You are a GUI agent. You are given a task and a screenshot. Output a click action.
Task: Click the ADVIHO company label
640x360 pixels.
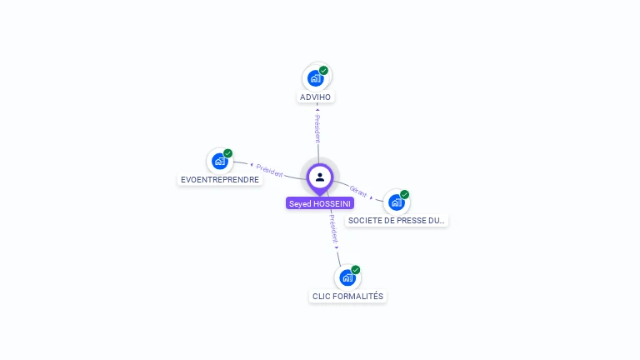(316, 97)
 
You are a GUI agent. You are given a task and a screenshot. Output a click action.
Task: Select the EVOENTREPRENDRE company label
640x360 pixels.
(220, 179)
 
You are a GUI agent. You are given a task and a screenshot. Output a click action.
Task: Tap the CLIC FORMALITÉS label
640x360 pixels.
(347, 296)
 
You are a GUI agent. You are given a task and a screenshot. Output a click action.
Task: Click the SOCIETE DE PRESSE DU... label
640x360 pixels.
(397, 221)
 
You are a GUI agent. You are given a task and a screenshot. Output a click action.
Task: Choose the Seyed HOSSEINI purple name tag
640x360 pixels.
(320, 203)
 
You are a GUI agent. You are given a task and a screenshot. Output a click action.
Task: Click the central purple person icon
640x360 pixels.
(320, 177)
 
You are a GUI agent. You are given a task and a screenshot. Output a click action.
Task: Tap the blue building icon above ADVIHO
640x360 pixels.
(315, 78)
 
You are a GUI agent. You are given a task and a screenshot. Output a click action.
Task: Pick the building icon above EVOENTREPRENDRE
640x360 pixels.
(219, 161)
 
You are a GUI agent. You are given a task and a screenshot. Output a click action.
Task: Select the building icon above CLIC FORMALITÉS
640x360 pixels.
(347, 277)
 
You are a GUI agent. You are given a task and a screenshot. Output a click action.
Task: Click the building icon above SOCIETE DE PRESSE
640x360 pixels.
(396, 202)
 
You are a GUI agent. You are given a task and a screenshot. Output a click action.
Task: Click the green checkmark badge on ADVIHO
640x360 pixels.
(323, 71)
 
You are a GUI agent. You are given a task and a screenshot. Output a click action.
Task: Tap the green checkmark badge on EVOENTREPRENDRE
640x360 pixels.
(227, 153)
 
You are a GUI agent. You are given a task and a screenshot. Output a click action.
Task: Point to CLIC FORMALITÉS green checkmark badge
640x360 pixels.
(356, 270)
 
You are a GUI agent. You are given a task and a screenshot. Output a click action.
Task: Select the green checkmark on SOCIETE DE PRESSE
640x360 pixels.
(404, 194)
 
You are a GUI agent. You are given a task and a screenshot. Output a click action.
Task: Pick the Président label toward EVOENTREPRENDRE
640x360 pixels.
(270, 170)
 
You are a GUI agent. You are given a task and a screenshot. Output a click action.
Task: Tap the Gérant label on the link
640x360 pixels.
(358, 191)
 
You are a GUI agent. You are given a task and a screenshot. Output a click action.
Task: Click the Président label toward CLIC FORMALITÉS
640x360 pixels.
(332, 227)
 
